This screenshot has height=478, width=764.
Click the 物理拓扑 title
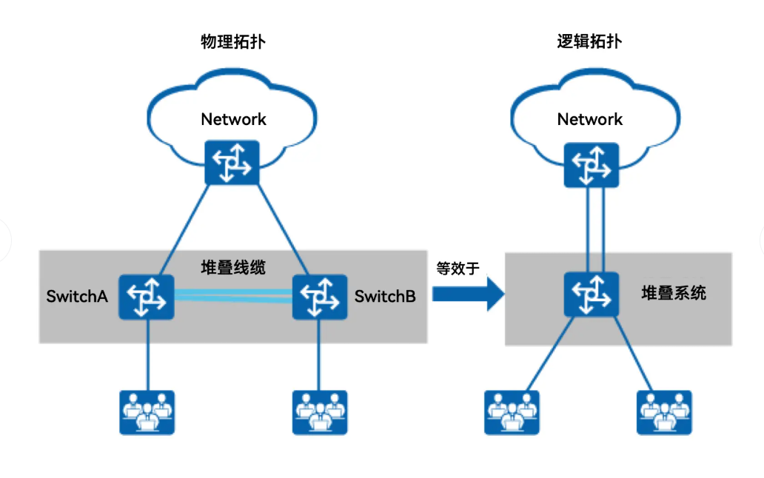pyautogui.click(x=233, y=41)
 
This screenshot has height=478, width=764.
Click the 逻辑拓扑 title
pyautogui.click(x=589, y=41)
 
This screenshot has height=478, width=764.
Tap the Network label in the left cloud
pyautogui.click(x=233, y=119)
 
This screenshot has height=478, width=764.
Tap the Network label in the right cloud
pyautogui.click(x=590, y=119)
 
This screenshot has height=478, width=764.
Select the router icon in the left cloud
pyautogui.click(x=232, y=163)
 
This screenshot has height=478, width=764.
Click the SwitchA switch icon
pyautogui.click(x=147, y=297)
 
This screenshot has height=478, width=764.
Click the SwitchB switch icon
pyautogui.click(x=319, y=297)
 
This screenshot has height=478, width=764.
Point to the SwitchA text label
pyautogui.click(x=77, y=297)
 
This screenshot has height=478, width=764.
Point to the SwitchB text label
pyautogui.click(x=385, y=297)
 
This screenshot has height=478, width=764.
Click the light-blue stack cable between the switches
pyautogui.click(x=232, y=296)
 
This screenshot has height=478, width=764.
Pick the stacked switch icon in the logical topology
pyautogui.click(x=591, y=294)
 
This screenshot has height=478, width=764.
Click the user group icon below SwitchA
pyautogui.click(x=147, y=412)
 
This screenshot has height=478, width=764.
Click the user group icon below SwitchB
pyautogui.click(x=320, y=412)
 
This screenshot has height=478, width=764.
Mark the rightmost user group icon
pyautogui.click(x=664, y=412)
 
